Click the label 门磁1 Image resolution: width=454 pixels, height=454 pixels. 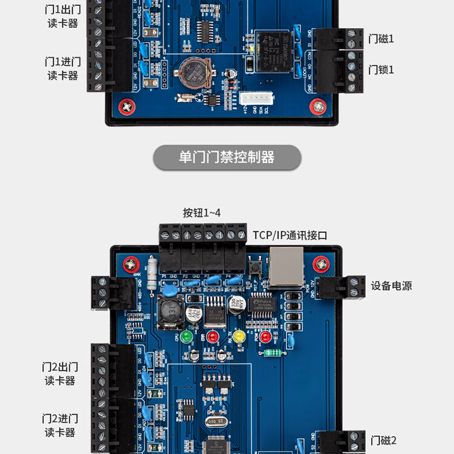[381, 39]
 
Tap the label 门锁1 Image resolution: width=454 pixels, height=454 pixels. [381, 70]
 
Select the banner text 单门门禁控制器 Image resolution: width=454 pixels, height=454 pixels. [226, 157]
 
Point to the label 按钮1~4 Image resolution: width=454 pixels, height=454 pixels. [202, 213]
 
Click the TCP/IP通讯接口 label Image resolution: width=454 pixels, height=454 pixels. [290, 235]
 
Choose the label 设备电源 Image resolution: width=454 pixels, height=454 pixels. [391, 286]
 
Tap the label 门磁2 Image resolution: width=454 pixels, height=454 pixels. [383, 440]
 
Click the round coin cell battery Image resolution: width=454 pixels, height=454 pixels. [193, 74]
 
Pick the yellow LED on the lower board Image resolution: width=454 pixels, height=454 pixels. [239, 336]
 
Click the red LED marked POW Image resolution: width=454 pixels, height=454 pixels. [266, 335]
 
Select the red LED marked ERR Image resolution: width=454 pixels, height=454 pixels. [212, 336]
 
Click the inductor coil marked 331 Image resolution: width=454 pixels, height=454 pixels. [171, 312]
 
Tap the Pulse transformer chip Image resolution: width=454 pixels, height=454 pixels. [262, 303]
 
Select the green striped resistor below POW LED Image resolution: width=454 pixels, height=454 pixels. [274, 353]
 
